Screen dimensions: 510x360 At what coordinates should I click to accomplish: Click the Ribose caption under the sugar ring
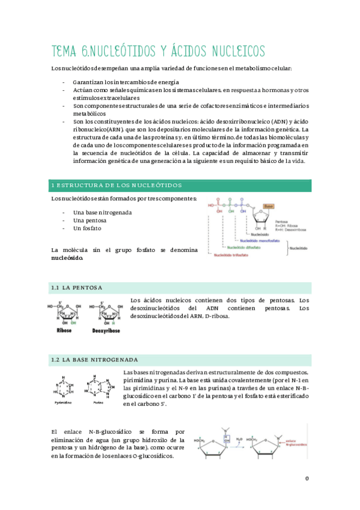point(63,330)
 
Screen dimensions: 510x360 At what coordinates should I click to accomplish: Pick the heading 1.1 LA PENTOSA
point(77,287)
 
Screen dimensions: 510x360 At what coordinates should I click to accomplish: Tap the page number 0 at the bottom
point(307,479)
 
